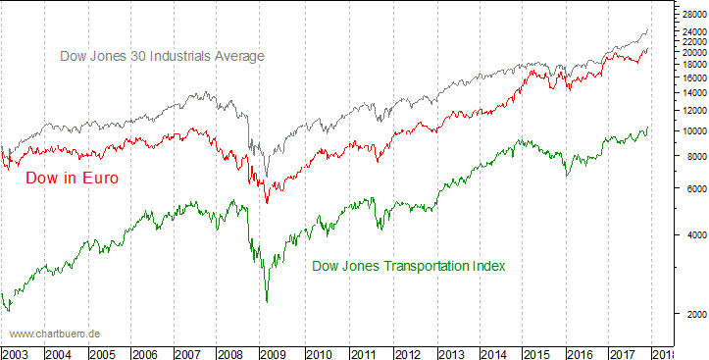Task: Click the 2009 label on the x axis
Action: click(275, 353)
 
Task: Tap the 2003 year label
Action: click(15, 353)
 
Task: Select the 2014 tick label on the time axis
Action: click(493, 353)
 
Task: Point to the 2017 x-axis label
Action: click(625, 353)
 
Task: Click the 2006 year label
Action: click(144, 353)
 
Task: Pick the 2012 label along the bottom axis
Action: click(406, 353)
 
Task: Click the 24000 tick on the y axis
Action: click(692, 31)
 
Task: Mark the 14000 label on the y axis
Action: click(692, 92)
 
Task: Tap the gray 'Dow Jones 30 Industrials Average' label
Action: click(162, 57)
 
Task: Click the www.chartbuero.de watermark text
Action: click(55, 334)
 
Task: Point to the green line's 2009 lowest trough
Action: click(267, 301)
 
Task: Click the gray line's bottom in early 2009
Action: click(267, 178)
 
